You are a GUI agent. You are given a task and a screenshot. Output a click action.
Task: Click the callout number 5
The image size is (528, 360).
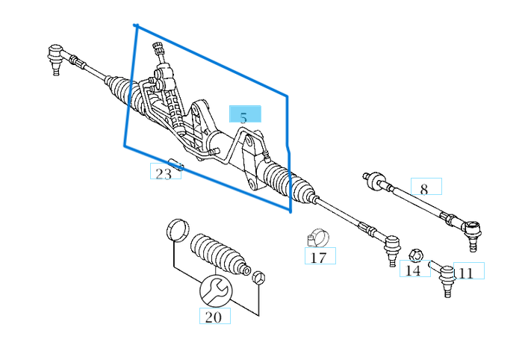pyautogui.click(x=243, y=117)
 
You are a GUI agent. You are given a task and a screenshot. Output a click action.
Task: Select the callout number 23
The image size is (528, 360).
pyautogui.click(x=164, y=174)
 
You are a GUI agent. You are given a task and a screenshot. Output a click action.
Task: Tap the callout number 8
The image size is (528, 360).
pyautogui.click(x=424, y=189)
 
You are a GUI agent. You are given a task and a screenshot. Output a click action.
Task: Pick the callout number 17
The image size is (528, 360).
pyautogui.click(x=318, y=258)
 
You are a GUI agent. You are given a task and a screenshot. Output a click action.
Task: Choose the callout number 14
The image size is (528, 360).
pyautogui.click(x=413, y=270)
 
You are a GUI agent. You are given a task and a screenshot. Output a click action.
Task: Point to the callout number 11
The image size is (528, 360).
pyautogui.click(x=466, y=273)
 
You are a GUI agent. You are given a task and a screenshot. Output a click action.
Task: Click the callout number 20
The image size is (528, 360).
pyautogui.click(x=214, y=317)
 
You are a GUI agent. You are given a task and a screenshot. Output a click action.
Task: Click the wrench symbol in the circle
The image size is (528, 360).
pyautogui.click(x=216, y=290)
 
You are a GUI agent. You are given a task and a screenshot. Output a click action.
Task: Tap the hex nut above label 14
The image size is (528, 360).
pyautogui.click(x=416, y=255)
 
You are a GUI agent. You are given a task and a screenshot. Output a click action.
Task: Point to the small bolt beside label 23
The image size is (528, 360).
pyautogui.click(x=175, y=164)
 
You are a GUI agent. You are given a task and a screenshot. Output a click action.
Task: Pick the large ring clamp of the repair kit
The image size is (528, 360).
pyautogui.click(x=177, y=230)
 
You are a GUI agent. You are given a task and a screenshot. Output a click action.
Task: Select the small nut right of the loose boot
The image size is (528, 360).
pyautogui.click(x=258, y=277)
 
